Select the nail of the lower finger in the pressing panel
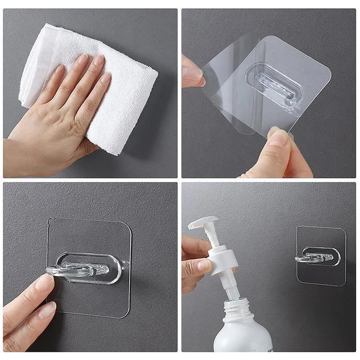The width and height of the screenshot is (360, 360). pos(47,310)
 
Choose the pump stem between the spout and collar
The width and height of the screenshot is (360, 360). pos(212,238)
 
